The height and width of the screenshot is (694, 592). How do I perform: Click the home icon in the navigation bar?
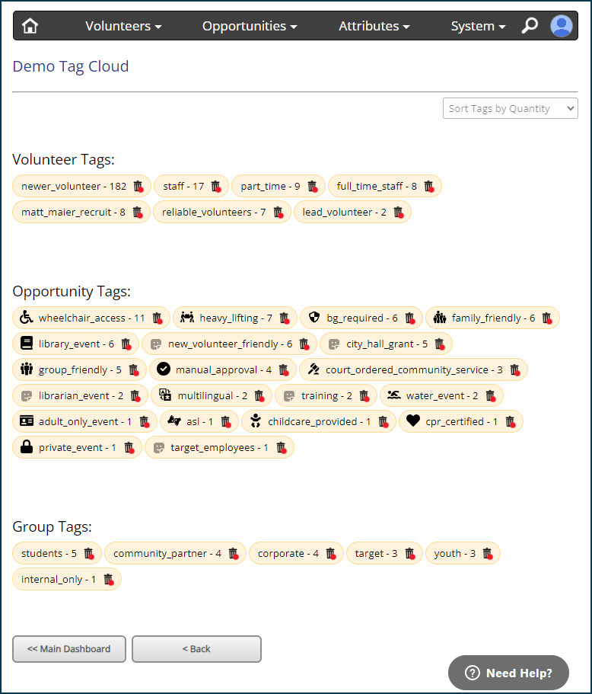coord(30,26)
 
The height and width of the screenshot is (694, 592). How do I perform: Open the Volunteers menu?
coord(123,26)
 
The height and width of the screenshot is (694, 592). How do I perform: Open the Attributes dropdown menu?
coord(374,26)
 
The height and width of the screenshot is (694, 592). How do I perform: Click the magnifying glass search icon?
coord(530,26)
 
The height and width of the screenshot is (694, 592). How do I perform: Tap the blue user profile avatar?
coord(562,26)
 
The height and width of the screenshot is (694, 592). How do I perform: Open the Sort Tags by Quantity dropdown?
coord(511,108)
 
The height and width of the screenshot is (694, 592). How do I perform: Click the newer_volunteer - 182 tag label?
coord(74,187)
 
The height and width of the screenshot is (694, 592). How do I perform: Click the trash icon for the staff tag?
coord(216,187)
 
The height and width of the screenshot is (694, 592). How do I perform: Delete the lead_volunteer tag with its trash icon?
coord(399,213)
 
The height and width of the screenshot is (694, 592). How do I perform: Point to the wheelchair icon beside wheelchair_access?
coord(27,318)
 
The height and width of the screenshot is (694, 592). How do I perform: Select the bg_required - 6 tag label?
coord(361,318)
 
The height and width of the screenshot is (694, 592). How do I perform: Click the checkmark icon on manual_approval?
coord(164,369)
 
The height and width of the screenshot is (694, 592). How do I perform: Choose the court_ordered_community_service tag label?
coord(414,370)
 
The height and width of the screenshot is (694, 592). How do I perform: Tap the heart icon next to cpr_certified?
coord(413,421)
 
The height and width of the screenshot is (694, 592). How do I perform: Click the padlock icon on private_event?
coord(27,446)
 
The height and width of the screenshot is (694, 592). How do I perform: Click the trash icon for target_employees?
coord(282,448)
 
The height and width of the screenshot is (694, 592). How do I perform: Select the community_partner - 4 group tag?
coord(167,554)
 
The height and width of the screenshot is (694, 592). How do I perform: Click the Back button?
coord(197,649)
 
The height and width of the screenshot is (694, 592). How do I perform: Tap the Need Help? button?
coord(508,673)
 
